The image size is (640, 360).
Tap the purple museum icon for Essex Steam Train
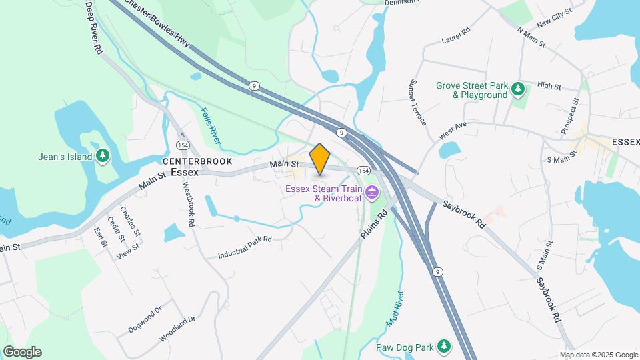[x=372, y=193]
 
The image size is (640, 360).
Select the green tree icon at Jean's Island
[x=102, y=157]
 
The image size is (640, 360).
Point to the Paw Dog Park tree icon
[x=443, y=347]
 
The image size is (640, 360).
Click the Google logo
[x=22, y=352]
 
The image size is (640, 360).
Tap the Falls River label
[x=210, y=125]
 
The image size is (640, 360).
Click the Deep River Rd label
[x=95, y=27]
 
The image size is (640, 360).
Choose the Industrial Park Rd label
[x=245, y=247]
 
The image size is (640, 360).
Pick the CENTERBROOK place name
[x=197, y=161]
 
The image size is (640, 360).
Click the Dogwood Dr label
[x=145, y=321]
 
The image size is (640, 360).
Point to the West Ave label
[x=452, y=130]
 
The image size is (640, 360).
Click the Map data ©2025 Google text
[x=599, y=355]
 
